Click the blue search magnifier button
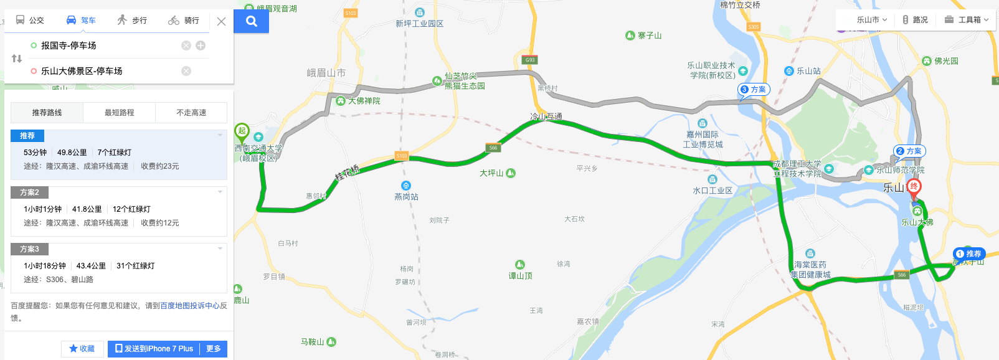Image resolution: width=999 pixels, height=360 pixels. click(251, 21)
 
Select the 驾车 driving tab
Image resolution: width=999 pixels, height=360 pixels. click(81, 21)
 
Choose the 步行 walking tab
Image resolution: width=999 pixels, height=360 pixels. click(132, 21)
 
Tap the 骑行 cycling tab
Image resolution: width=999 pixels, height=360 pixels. click(184, 21)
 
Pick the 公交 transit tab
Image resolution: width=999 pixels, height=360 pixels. click(30, 21)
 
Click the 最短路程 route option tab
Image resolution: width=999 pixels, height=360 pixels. click(119, 113)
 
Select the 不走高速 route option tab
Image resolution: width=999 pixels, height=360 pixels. click(191, 113)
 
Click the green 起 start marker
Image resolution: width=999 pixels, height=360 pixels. click(242, 131)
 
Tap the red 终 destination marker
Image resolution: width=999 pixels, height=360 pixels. click(914, 187)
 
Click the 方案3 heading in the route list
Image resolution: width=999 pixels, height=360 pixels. click(29, 249)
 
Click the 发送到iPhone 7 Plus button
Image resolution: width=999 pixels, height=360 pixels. click(154, 349)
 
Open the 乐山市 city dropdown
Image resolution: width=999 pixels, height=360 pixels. click(871, 20)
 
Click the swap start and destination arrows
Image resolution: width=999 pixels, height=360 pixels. click(17, 59)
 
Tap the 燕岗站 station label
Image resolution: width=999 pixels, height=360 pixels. click(406, 197)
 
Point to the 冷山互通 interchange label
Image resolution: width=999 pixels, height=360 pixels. click(546, 116)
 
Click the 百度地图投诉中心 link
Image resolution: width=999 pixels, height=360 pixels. click(189, 306)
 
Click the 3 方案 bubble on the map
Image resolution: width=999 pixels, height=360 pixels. click(754, 90)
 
